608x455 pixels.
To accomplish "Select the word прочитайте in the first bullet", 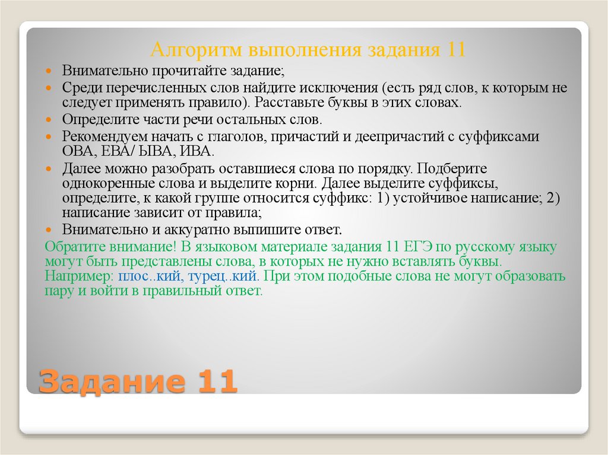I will coord(186,71).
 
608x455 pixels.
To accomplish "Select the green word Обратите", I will coord(70,247).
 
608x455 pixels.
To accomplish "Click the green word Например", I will coord(80,276).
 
